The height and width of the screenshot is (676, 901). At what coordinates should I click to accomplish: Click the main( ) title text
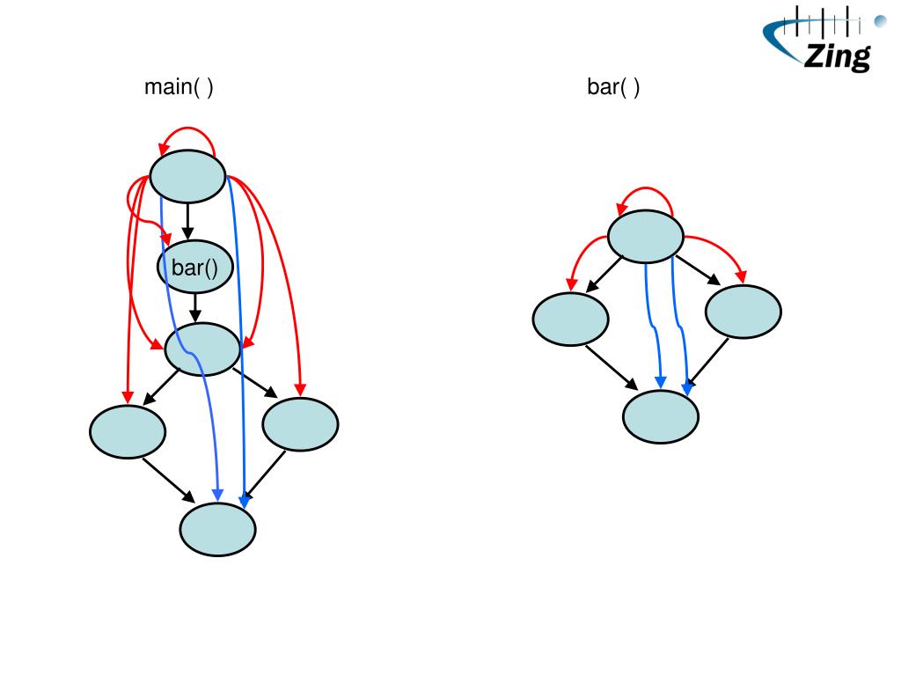pos(179,87)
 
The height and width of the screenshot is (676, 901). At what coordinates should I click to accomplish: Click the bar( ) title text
pos(613,87)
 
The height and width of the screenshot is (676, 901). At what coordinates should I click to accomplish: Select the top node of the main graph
pos(187,176)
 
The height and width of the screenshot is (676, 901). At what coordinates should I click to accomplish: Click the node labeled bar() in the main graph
pos(194,267)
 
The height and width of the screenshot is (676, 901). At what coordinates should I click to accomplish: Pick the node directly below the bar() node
pos(202,349)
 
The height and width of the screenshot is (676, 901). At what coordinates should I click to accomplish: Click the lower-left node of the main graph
pos(127,430)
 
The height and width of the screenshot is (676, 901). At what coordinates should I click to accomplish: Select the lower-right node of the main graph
pos(300,424)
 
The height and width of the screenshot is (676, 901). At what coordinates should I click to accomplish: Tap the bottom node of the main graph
pos(217,529)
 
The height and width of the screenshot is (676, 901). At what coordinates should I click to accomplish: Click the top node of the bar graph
pos(646,236)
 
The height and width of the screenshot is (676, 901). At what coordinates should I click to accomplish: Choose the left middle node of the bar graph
pos(570,318)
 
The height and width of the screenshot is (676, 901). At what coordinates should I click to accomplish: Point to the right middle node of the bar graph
pos(744,312)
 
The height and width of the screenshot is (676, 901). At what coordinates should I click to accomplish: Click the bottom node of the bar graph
pos(661,415)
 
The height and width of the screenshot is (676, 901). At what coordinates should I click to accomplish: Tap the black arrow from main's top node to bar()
pos(187,221)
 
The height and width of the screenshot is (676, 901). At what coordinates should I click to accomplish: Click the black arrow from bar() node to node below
pos(195,306)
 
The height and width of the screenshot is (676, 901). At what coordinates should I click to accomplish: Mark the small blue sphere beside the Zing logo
pos(879,20)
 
